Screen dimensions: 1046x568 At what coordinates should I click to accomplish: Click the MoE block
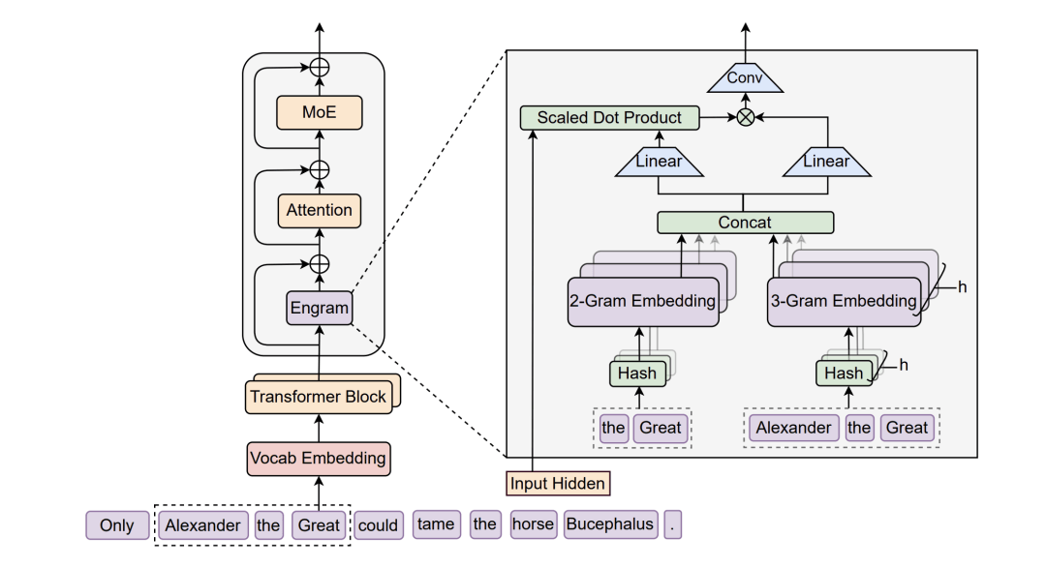click(x=320, y=112)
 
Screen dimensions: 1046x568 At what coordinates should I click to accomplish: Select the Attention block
click(x=320, y=210)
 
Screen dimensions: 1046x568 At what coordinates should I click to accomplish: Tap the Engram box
click(x=320, y=308)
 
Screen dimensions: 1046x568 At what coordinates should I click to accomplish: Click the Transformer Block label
click(x=319, y=397)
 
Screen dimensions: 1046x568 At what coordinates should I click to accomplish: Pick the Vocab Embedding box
click(x=319, y=459)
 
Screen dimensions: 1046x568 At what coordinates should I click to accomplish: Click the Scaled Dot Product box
click(x=610, y=117)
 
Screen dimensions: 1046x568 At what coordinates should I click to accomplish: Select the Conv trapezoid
click(x=745, y=79)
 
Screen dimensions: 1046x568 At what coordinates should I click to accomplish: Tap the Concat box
click(x=745, y=222)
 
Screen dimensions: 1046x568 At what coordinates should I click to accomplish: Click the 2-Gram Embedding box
click(x=643, y=301)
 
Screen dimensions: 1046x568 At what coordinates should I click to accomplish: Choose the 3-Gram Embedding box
click(x=844, y=301)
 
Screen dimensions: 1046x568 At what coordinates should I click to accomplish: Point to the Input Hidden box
click(x=558, y=484)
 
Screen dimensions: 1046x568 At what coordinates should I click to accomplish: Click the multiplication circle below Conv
click(x=745, y=117)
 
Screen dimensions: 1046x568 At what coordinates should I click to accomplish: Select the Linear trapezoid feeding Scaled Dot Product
click(x=660, y=162)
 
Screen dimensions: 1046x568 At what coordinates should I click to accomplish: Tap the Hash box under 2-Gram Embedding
click(x=637, y=374)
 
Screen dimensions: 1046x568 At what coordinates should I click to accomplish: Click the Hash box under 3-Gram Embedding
click(x=845, y=374)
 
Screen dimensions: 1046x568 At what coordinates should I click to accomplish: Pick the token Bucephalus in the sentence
click(x=610, y=524)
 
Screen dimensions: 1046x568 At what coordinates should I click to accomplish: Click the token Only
click(x=117, y=525)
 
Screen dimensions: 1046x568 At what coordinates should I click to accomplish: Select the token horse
click(x=533, y=524)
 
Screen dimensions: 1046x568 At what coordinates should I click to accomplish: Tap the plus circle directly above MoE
click(x=320, y=68)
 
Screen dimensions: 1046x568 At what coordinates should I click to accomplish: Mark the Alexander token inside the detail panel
click(x=794, y=428)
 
